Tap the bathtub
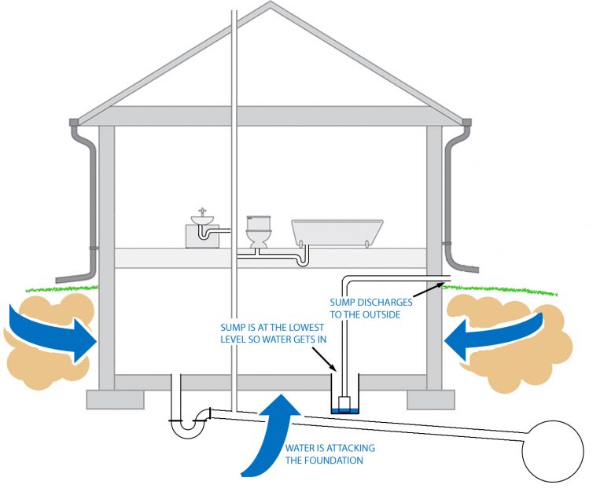tap(337, 233)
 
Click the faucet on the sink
tap(204, 211)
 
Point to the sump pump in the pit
tap(344, 403)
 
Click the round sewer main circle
tap(554, 453)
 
